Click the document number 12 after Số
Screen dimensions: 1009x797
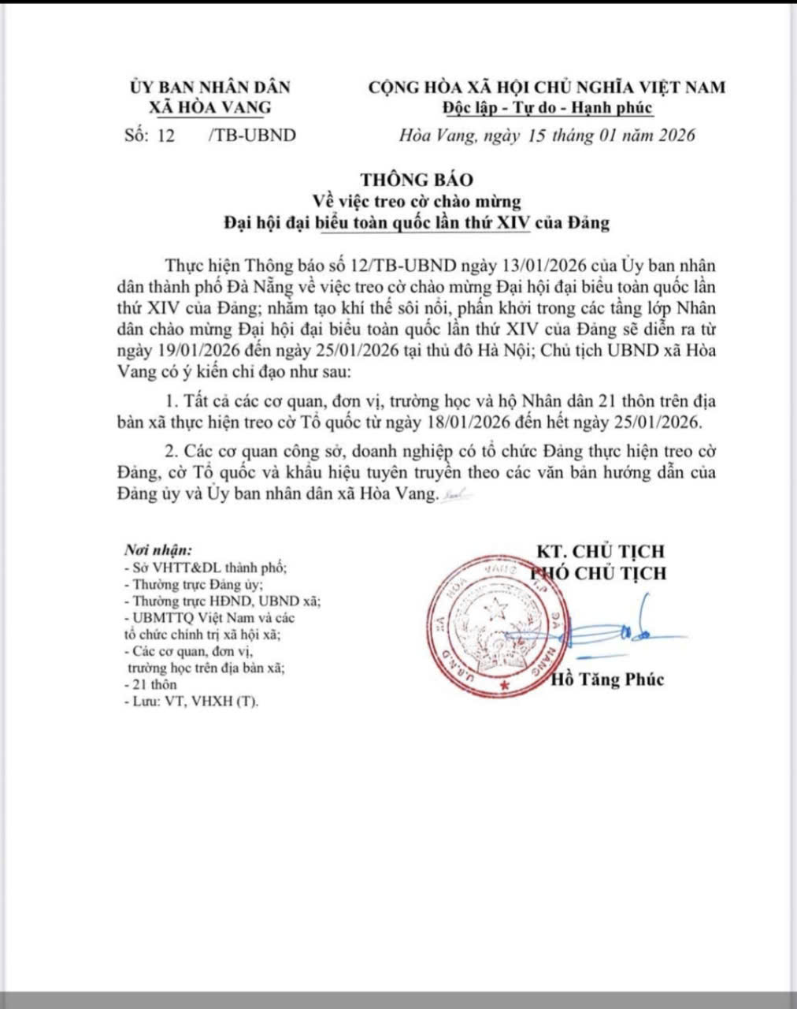tap(166, 135)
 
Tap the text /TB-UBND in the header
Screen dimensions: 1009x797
tap(252, 135)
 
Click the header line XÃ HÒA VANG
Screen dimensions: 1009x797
tap(210, 108)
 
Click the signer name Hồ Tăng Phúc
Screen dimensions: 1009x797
tap(609, 679)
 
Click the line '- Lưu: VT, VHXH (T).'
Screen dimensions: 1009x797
tap(191, 701)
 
